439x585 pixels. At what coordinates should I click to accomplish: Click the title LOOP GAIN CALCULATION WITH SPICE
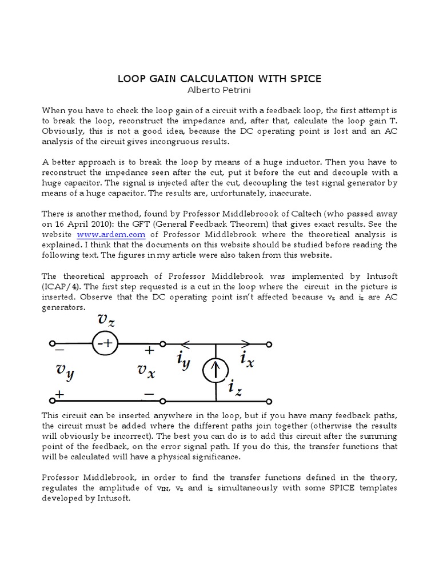pos(219,78)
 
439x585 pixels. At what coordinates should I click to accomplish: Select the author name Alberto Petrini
pos(219,90)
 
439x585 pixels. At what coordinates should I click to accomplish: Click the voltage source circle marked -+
pos(104,344)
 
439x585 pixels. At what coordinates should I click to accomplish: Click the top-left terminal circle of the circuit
pos(53,344)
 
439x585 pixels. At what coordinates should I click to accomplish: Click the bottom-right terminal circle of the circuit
pos(270,400)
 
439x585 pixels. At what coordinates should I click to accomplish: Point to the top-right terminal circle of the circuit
pos(270,344)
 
